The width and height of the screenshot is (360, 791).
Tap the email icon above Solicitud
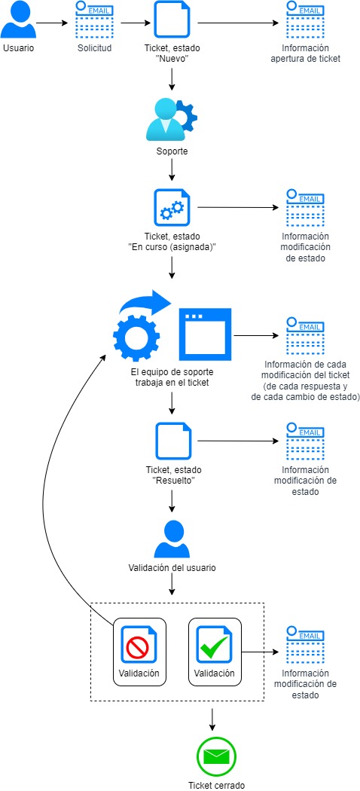point(94,19)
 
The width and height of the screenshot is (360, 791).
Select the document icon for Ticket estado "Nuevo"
point(172,20)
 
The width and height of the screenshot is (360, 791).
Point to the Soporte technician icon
point(172,120)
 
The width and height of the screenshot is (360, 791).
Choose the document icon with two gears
point(172,207)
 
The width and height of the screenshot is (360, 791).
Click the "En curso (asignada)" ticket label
point(172,240)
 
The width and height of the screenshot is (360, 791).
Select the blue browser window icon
point(204,332)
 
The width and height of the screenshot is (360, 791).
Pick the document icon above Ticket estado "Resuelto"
point(172,441)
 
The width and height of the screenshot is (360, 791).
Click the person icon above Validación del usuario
point(172,539)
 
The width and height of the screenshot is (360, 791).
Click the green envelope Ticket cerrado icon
point(216,756)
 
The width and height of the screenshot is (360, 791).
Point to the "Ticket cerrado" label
point(216,785)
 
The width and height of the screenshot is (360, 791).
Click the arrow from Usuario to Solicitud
point(52,23)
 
